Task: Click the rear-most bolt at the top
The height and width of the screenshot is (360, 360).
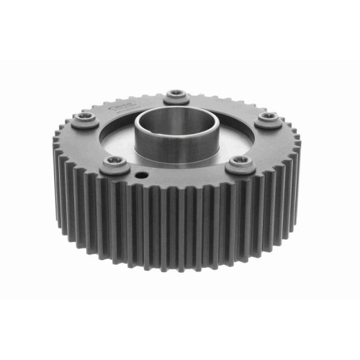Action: [x=175, y=95]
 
